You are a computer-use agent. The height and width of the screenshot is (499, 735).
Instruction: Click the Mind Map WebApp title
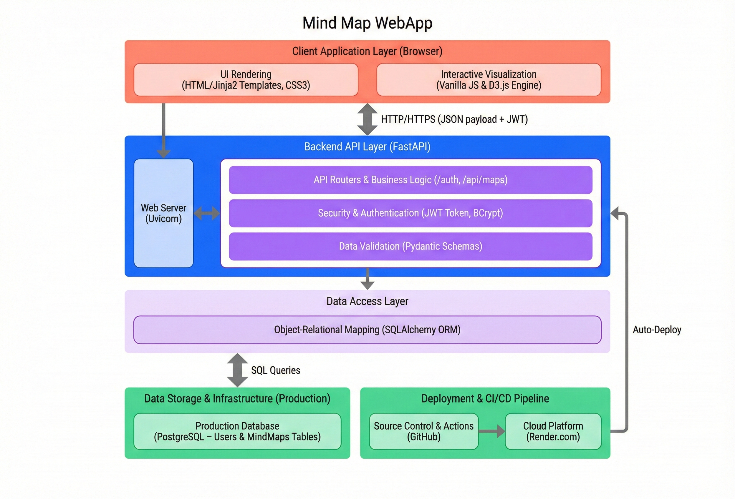click(x=367, y=23)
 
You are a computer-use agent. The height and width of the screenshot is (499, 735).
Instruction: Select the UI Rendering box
click(x=246, y=80)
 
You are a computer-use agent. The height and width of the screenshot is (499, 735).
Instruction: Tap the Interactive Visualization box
click(x=488, y=80)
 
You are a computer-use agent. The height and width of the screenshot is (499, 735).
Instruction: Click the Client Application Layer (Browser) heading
click(x=367, y=51)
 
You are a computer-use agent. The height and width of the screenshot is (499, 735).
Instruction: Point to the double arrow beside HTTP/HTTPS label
click(x=367, y=119)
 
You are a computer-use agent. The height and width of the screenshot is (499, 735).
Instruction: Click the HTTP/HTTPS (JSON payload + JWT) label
click(x=454, y=119)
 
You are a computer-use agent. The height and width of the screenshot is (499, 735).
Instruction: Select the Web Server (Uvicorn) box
click(x=163, y=213)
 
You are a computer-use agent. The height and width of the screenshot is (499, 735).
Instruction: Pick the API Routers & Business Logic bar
click(x=410, y=180)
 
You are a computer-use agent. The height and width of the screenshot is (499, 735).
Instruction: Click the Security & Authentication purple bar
click(x=410, y=213)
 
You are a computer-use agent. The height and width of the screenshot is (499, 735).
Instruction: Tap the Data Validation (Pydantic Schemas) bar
click(x=410, y=246)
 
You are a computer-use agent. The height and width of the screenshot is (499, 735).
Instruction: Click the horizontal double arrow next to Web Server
click(x=206, y=213)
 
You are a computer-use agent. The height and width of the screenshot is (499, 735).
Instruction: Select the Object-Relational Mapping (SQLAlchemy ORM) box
click(x=367, y=330)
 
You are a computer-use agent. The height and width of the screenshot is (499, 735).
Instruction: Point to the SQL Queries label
click(x=275, y=370)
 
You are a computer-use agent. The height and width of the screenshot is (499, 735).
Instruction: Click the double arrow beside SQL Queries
click(x=237, y=370)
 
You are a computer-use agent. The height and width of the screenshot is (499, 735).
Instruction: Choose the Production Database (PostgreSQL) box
click(x=237, y=431)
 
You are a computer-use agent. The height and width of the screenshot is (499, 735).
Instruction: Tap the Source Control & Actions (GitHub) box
click(x=423, y=431)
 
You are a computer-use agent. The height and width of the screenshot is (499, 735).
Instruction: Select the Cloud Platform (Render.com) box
click(x=553, y=431)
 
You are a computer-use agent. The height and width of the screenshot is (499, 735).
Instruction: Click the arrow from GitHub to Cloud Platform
click(x=492, y=431)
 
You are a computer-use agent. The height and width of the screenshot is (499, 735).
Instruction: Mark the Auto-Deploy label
click(x=657, y=330)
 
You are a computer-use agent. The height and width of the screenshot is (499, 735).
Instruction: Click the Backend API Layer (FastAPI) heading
click(x=367, y=147)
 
